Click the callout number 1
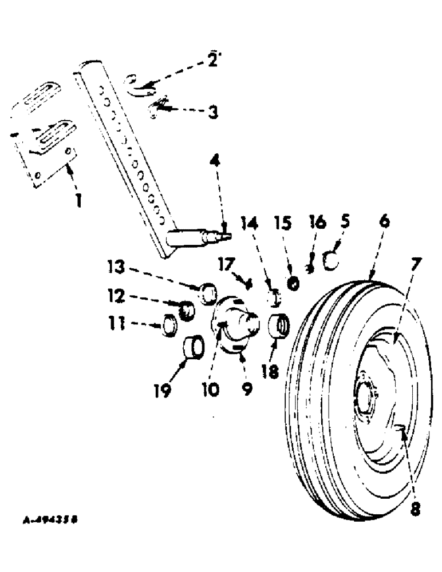tap(79, 201)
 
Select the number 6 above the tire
tap(385, 221)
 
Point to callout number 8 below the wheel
tap(415, 508)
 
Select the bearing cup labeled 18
tap(278, 329)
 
